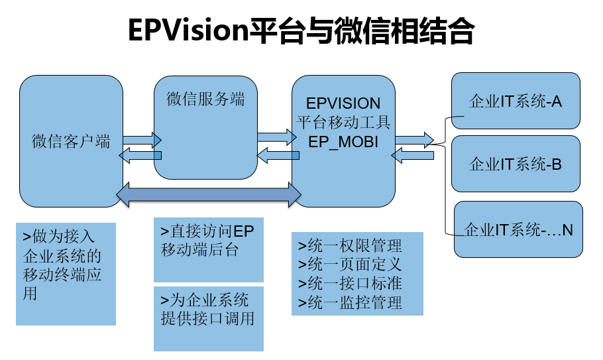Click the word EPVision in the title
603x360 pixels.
pos(189,30)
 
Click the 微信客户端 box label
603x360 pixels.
pos(71,141)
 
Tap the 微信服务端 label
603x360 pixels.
pos(205,99)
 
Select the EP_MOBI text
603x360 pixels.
pos(343,143)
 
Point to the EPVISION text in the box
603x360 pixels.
pos(343,103)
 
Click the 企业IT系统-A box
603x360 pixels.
pos(516,101)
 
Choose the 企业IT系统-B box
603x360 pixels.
pos(516,164)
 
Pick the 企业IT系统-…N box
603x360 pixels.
pos(518,229)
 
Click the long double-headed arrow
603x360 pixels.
pos(209,195)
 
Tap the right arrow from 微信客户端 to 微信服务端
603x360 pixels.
pos(142,140)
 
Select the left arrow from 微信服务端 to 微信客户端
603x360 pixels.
pos(140,155)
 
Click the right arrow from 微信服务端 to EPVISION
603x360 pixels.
pos(277,137)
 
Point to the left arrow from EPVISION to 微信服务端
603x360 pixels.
pos(278,155)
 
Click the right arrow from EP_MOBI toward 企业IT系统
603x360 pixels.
pos(415,140)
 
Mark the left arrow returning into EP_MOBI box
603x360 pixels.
pos(412,155)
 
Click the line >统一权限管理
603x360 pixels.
pos(350,245)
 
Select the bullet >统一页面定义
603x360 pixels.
pos(350,265)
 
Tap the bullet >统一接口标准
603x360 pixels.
pos(350,284)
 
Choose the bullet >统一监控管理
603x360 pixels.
pos(350,303)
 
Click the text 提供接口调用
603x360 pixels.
pos(207,318)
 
